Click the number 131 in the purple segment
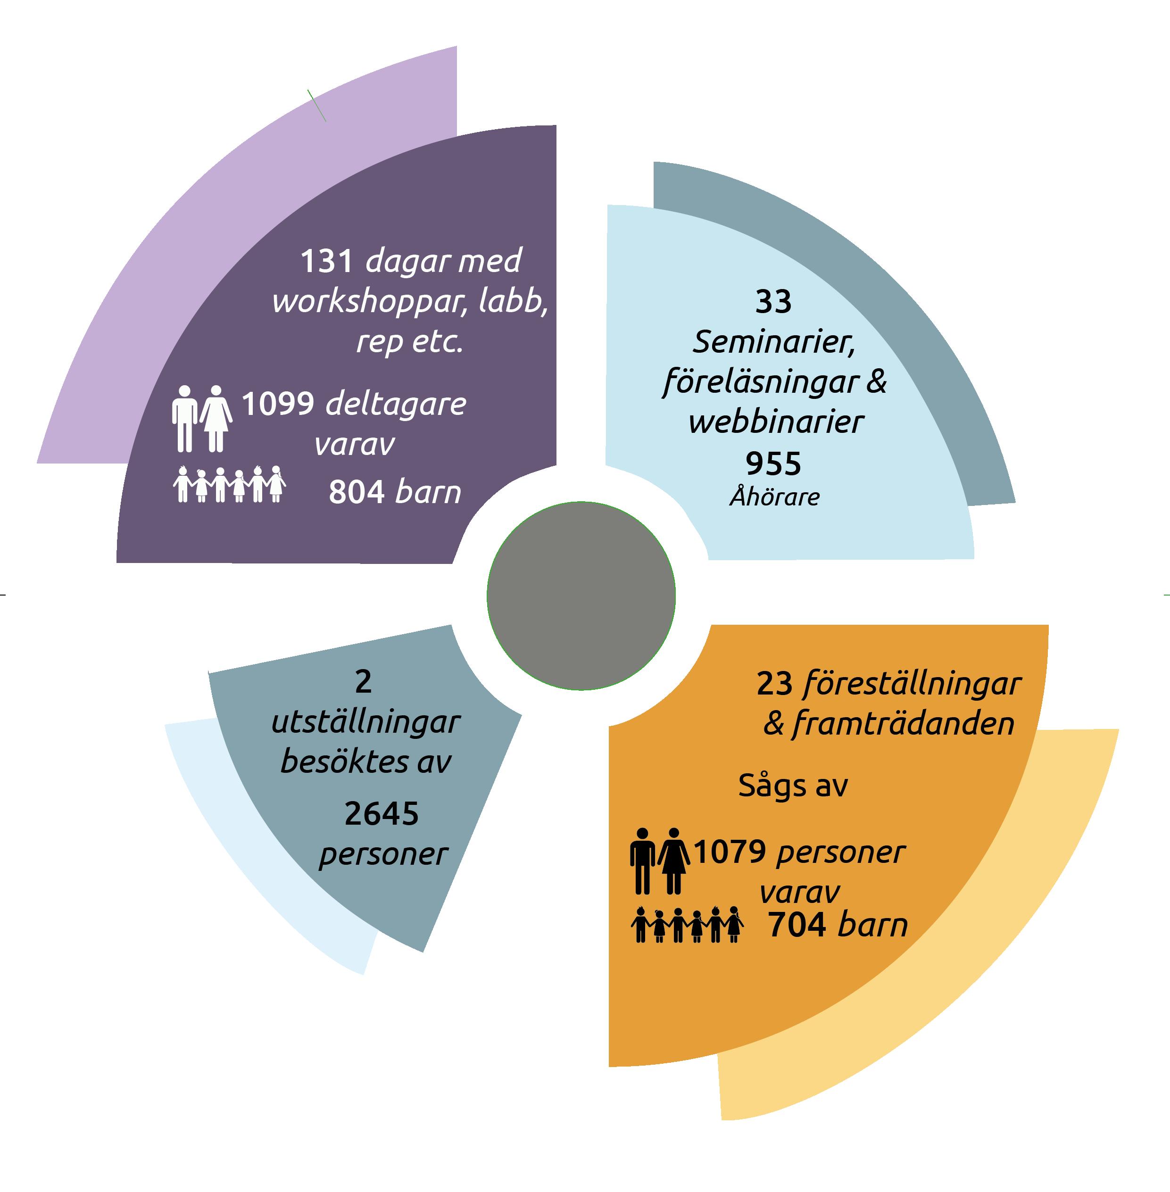coord(326,262)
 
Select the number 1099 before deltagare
coord(278,404)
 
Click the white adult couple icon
coord(201,418)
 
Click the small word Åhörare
coord(774,497)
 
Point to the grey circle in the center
coord(581,596)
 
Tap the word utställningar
coord(365,722)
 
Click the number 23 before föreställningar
coord(774,684)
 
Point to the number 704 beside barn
coord(797,925)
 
